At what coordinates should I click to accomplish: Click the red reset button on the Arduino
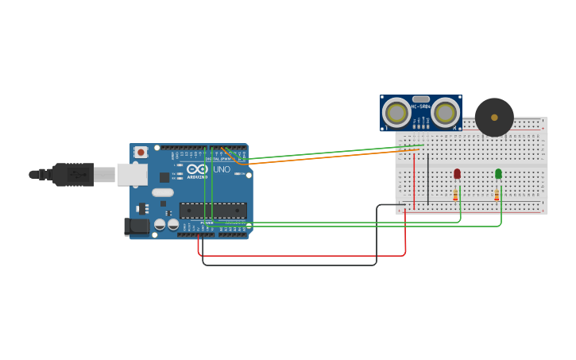(x=141, y=152)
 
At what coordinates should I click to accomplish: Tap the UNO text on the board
(x=222, y=169)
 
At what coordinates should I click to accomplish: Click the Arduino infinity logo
(x=197, y=169)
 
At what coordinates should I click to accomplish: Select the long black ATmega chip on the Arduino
(x=212, y=211)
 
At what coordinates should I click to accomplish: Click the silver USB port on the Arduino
(x=132, y=175)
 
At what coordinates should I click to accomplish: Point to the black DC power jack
(x=137, y=226)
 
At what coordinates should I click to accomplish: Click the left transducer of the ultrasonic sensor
(x=396, y=113)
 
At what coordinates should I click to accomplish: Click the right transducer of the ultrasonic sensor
(x=446, y=113)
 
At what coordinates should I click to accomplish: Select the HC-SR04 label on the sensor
(x=421, y=106)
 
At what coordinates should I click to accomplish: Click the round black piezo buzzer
(x=494, y=118)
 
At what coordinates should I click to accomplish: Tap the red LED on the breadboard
(x=457, y=173)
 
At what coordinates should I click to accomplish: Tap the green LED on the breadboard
(x=498, y=173)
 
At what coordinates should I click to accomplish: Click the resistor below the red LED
(x=455, y=194)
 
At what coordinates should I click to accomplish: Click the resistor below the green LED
(x=497, y=194)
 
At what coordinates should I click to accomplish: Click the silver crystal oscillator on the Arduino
(x=163, y=192)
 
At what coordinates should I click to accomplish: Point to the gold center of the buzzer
(x=494, y=118)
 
